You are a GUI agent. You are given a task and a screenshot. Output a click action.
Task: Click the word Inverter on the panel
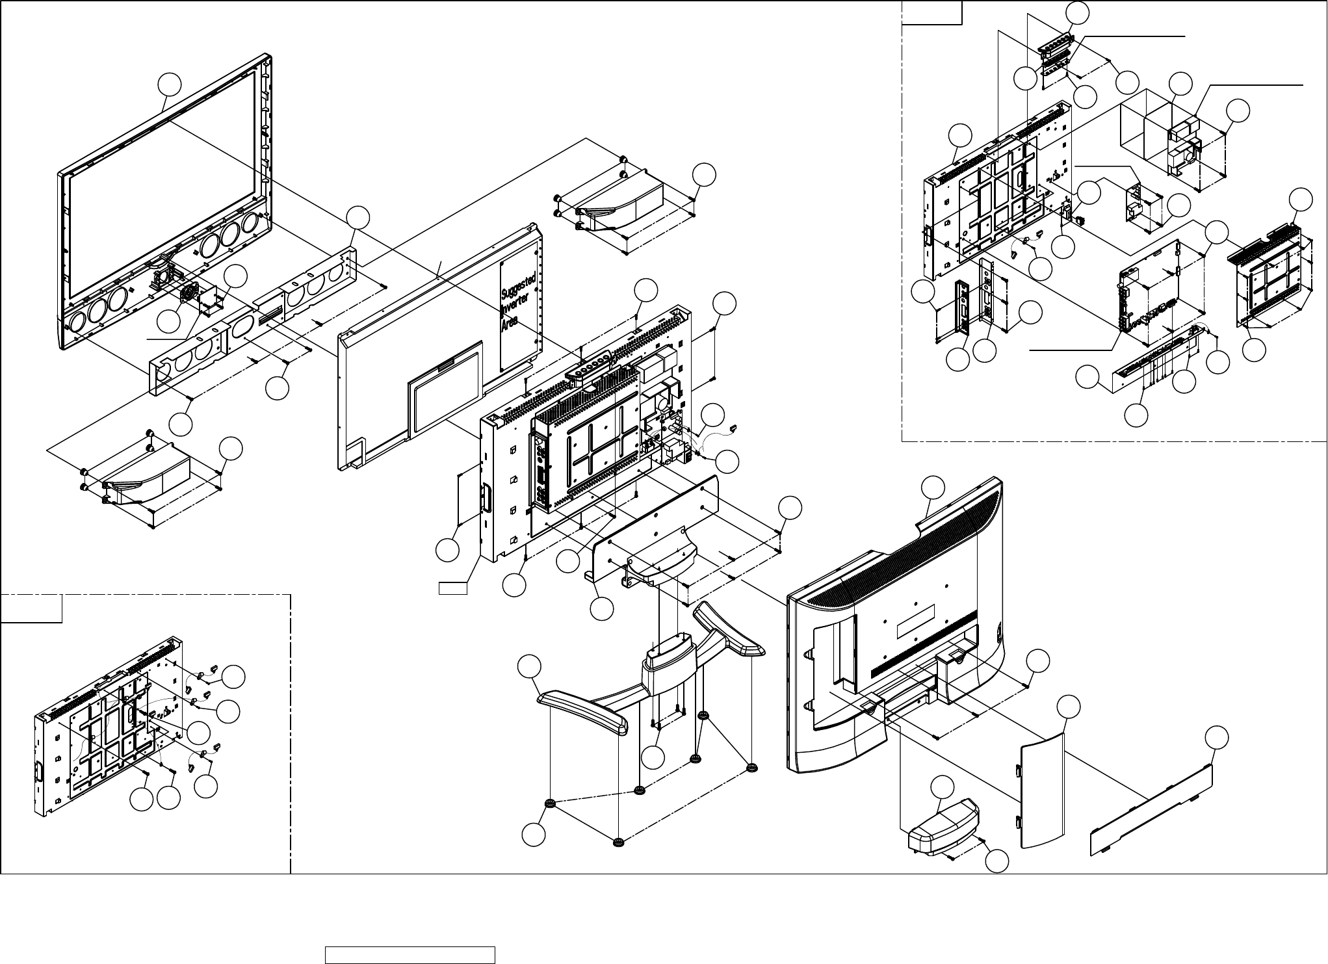coord(517,306)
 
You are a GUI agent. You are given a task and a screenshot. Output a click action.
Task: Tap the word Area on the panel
coord(512,323)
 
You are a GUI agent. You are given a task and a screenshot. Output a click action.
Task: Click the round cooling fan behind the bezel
coord(189,293)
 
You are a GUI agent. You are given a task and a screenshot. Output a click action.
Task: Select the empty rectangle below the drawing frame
coord(410,955)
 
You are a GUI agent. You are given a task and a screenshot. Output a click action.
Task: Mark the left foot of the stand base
coord(582,710)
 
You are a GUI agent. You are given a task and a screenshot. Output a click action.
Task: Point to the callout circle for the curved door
coord(1067,707)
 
